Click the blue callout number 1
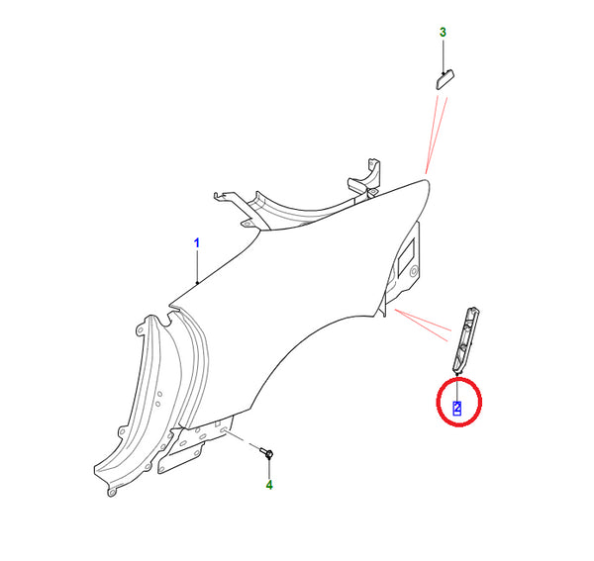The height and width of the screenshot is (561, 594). pyautogui.click(x=197, y=243)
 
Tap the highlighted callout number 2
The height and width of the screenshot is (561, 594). pyautogui.click(x=457, y=408)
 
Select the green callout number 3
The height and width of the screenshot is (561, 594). pyautogui.click(x=443, y=33)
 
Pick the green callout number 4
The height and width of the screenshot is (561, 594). pyautogui.click(x=269, y=485)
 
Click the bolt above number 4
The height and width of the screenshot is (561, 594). pyautogui.click(x=266, y=453)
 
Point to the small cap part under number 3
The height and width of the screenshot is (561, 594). pyautogui.click(x=445, y=79)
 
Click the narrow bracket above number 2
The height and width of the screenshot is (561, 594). pyautogui.click(x=465, y=339)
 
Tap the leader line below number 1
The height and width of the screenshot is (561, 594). pyautogui.click(x=197, y=266)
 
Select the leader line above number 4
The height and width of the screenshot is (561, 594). pyautogui.click(x=269, y=469)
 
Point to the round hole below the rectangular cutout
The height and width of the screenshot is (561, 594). pyautogui.click(x=414, y=271)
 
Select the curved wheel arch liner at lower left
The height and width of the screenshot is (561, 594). pyautogui.click(x=151, y=402)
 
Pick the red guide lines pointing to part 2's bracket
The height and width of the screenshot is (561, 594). pyautogui.click(x=423, y=325)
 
